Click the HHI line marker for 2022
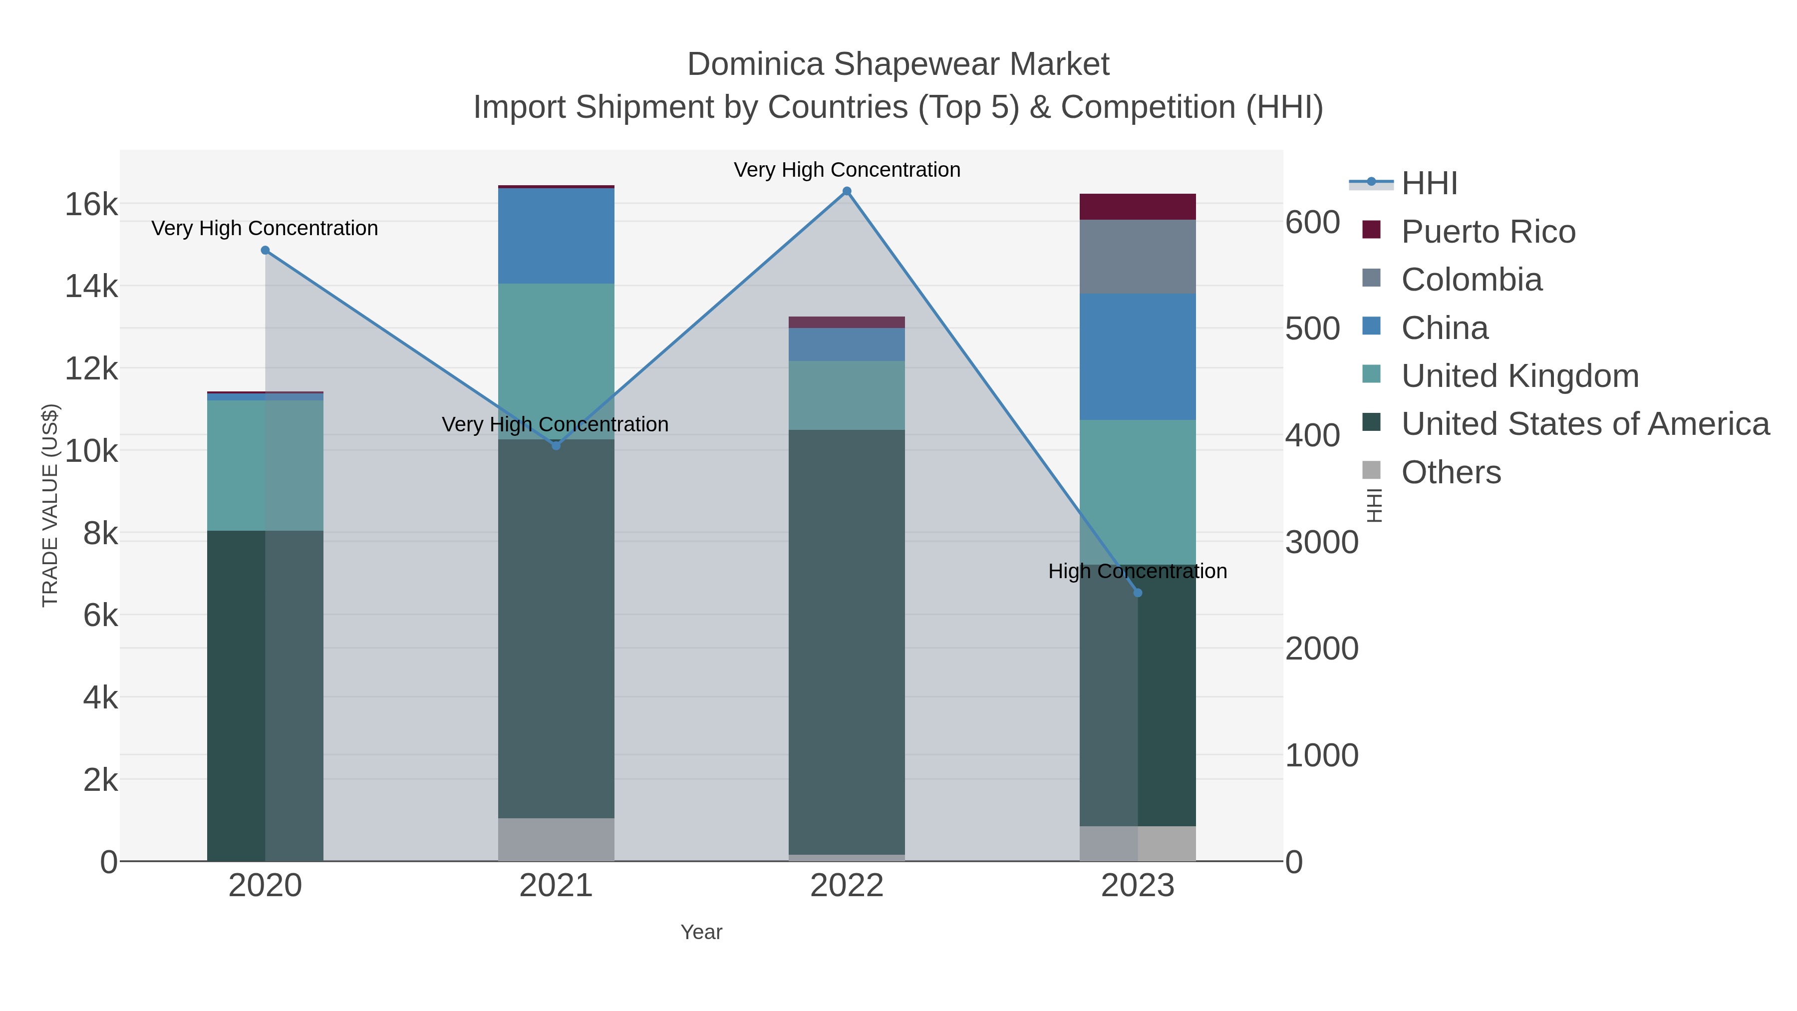tap(847, 191)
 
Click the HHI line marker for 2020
tap(265, 251)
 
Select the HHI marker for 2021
tap(556, 446)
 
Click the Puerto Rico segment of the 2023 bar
tap(1138, 207)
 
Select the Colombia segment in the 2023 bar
tap(1138, 257)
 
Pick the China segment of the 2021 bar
tap(556, 236)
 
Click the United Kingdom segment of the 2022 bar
tap(847, 395)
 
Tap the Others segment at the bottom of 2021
tap(556, 839)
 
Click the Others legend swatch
tap(1372, 471)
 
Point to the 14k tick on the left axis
tap(91, 287)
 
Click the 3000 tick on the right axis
tap(1322, 543)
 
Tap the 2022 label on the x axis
tap(847, 886)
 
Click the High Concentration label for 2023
tap(1138, 572)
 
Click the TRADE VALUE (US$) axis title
tap(50, 505)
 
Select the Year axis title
tap(701, 932)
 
